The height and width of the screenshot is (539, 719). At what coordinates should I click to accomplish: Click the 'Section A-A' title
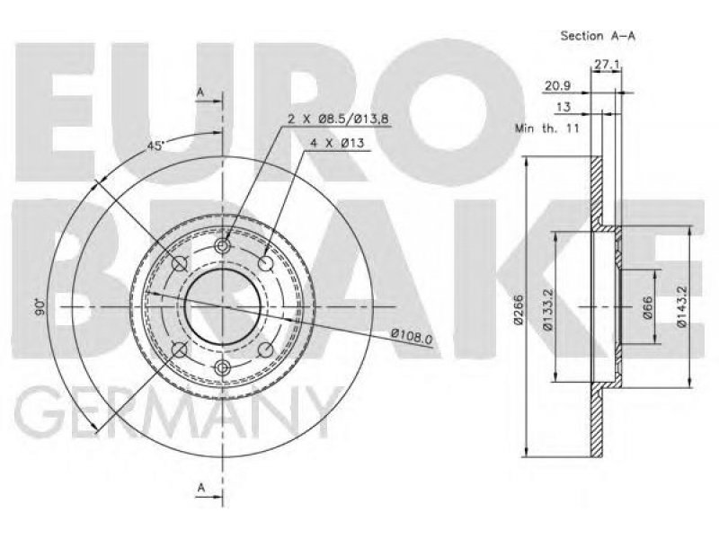click(598, 36)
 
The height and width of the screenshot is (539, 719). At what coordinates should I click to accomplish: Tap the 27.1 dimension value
click(607, 65)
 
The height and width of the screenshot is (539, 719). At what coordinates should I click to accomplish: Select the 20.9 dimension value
click(557, 85)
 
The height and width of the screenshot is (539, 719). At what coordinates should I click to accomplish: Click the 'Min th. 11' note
click(547, 128)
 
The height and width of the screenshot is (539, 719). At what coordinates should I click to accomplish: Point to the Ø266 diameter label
click(519, 309)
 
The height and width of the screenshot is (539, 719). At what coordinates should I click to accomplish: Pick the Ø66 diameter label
click(648, 308)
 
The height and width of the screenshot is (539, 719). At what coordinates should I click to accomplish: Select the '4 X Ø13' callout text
click(337, 144)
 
